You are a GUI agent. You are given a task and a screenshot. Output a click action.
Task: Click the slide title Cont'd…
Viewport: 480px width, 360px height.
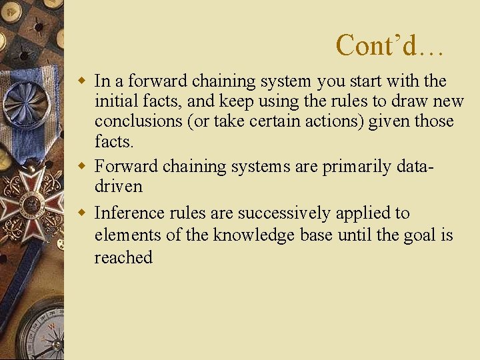tap(389, 45)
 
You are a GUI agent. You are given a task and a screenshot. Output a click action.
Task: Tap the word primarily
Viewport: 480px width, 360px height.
tap(353, 167)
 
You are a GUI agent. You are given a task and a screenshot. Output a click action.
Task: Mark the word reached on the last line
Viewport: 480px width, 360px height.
tap(123, 258)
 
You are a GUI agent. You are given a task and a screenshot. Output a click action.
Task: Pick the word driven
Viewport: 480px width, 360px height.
tap(119, 187)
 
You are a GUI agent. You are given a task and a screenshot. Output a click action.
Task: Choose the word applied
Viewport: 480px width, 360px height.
tap(363, 213)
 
